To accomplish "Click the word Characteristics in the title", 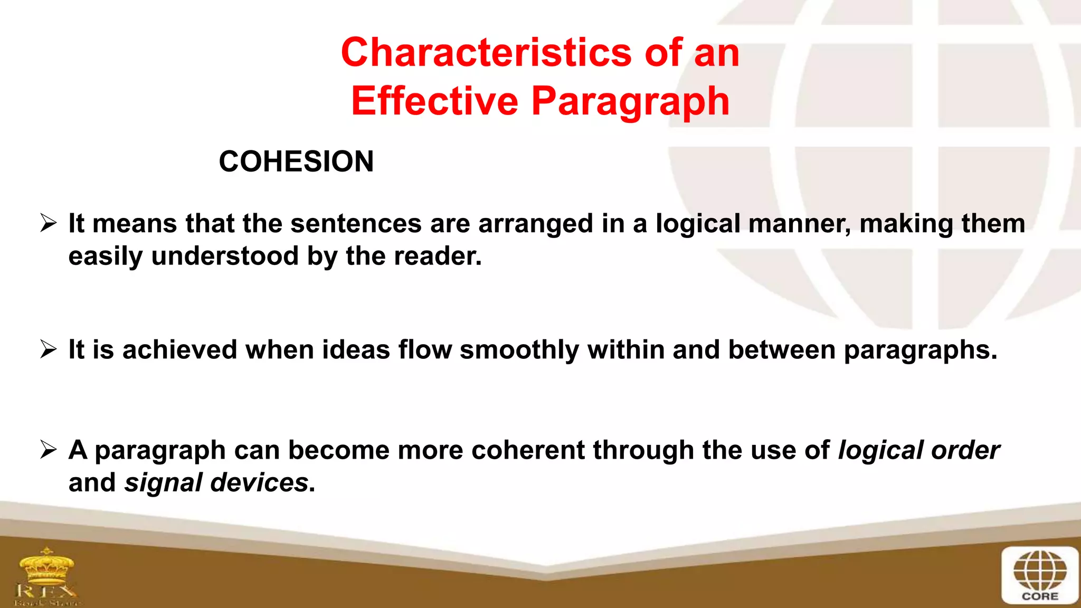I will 486,53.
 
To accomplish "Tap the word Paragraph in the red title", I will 630,101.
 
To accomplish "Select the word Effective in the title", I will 435,101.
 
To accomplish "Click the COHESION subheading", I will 296,161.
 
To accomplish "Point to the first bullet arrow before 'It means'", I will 49,223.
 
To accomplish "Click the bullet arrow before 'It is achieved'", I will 49,349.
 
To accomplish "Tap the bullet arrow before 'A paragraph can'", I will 49,450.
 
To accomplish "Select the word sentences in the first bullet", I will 356,223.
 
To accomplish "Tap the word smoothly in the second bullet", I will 519,350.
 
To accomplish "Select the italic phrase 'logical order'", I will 918,450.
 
